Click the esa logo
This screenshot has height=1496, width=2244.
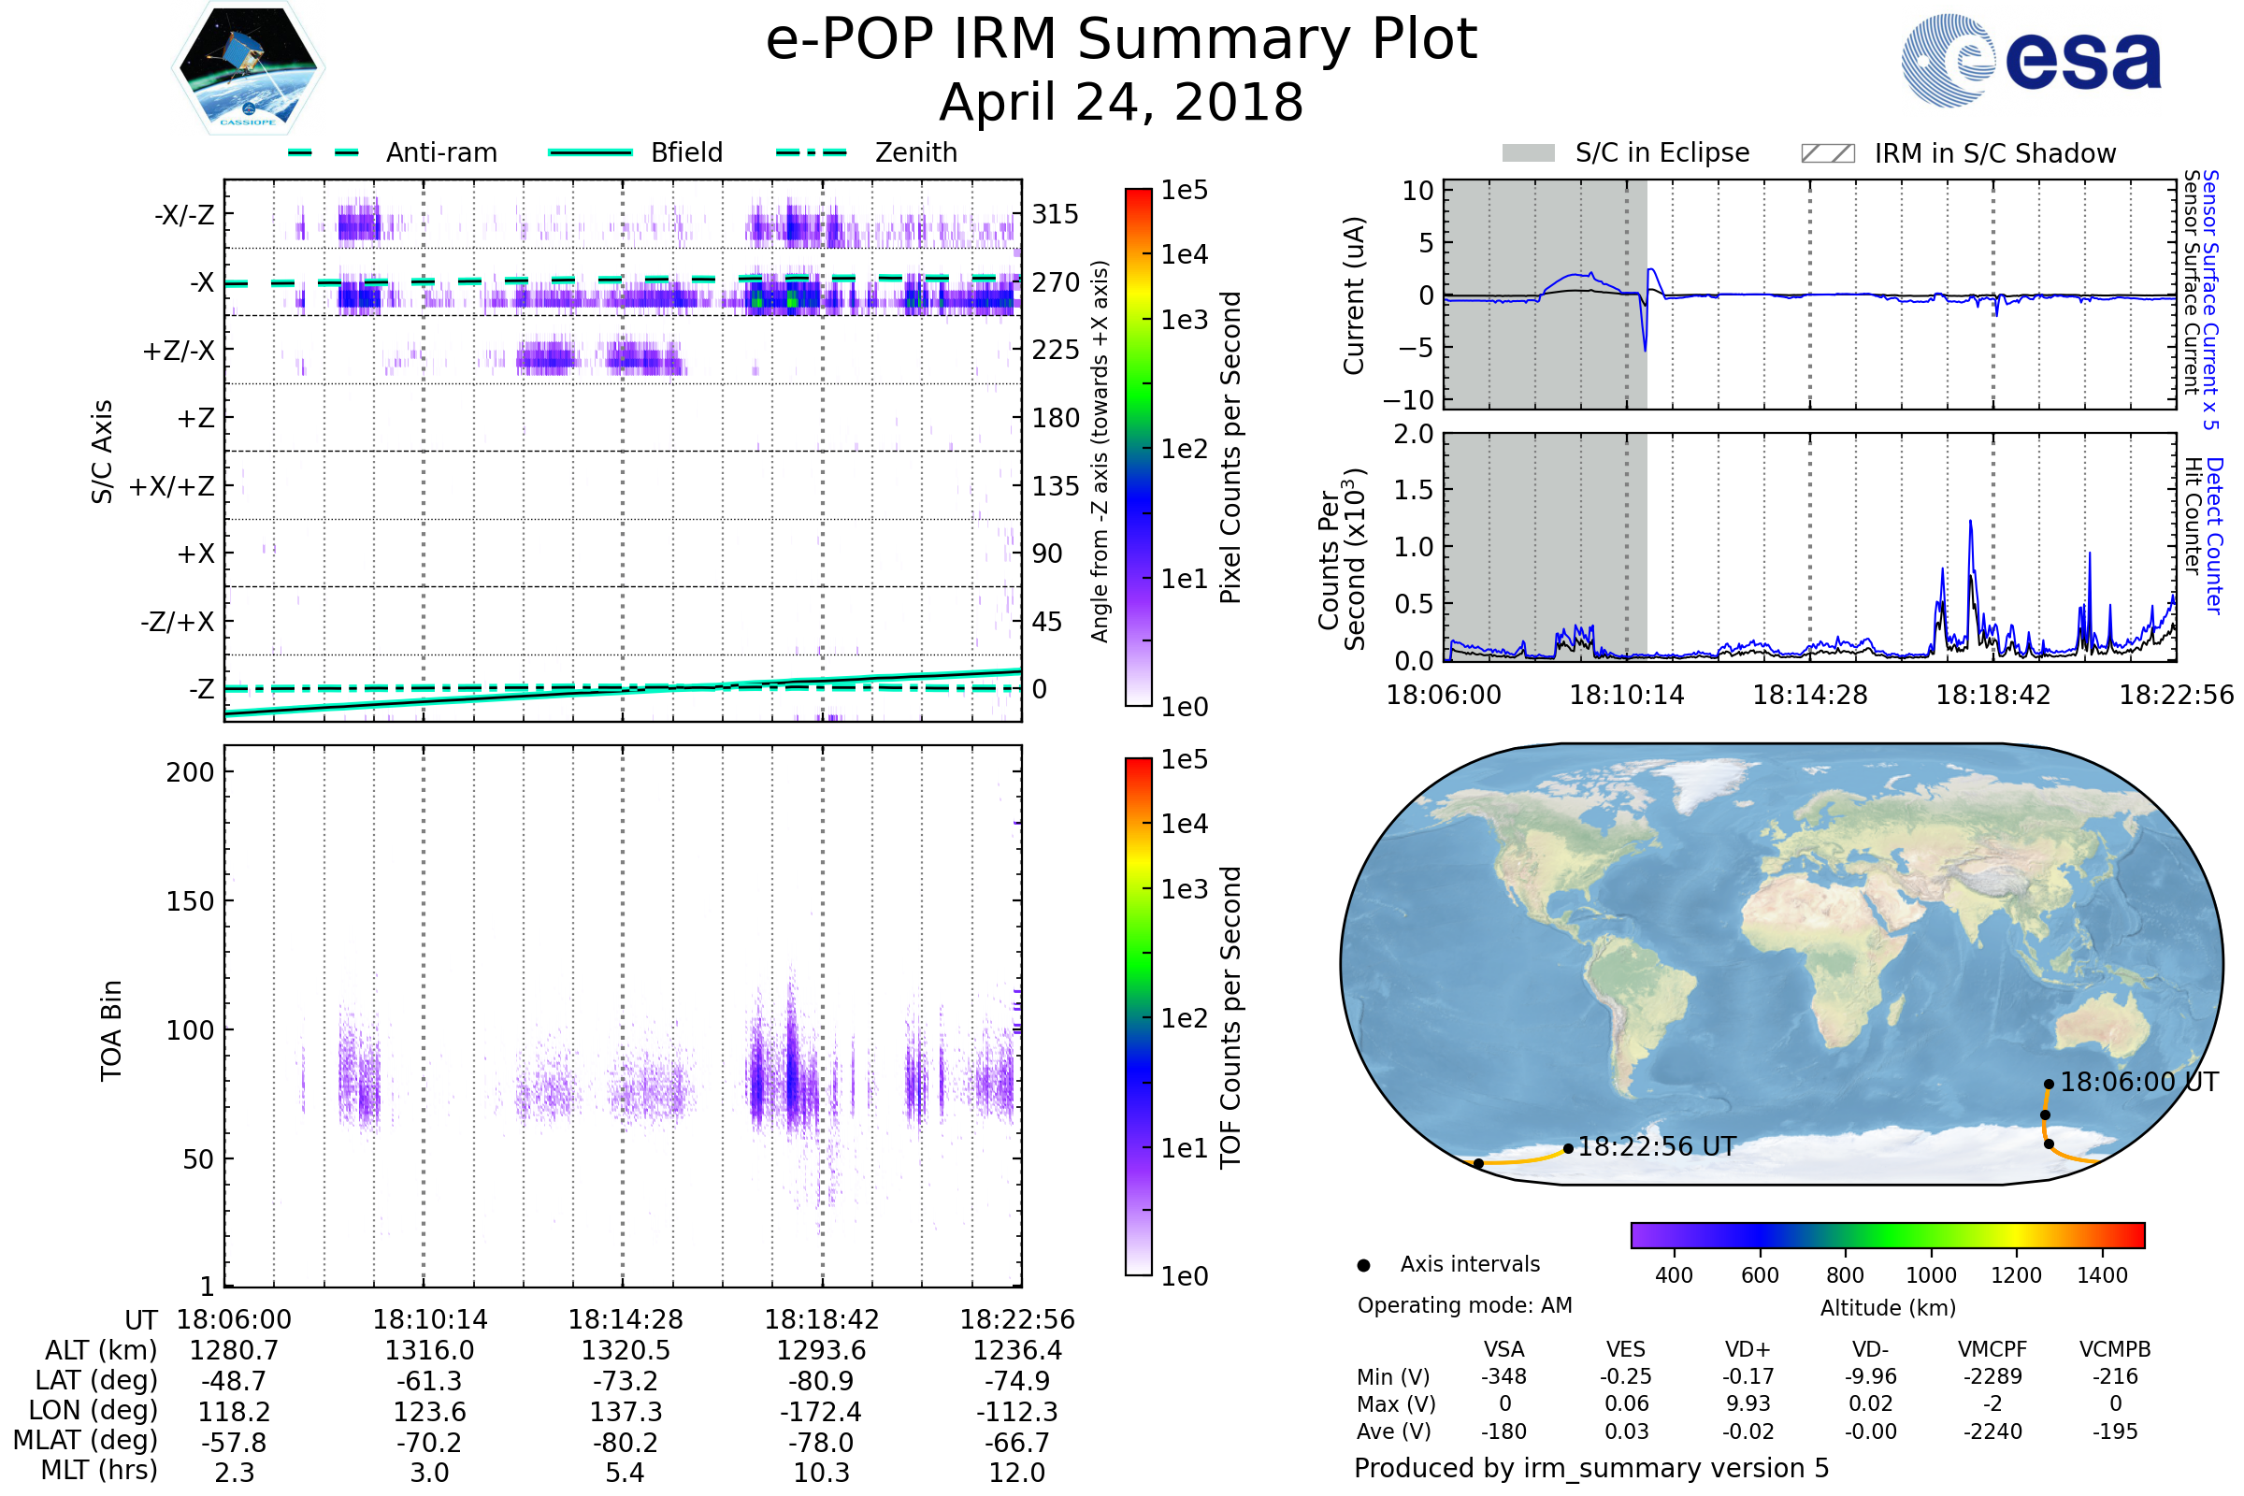click(2031, 60)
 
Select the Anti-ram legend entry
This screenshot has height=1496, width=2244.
click(440, 152)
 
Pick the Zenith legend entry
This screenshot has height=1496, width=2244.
click(915, 152)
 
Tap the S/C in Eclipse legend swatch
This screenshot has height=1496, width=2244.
click(1528, 153)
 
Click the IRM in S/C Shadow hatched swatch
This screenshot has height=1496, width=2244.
click(1827, 153)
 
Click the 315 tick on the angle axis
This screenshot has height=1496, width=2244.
click(1055, 214)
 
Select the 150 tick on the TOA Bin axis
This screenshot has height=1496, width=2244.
click(190, 901)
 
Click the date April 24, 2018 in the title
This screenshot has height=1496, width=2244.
click(1121, 102)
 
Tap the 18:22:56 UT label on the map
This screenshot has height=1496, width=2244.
click(1656, 1147)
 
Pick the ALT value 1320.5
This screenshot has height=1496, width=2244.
click(626, 1351)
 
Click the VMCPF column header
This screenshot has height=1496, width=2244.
click(1992, 1350)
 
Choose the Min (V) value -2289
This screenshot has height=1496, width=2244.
click(1992, 1376)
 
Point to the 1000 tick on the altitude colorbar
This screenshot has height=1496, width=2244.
click(1931, 1275)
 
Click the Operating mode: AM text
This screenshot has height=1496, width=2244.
click(1464, 1305)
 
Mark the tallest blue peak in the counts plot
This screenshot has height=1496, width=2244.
click(1970, 522)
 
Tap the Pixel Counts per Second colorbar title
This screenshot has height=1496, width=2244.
click(1230, 448)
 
